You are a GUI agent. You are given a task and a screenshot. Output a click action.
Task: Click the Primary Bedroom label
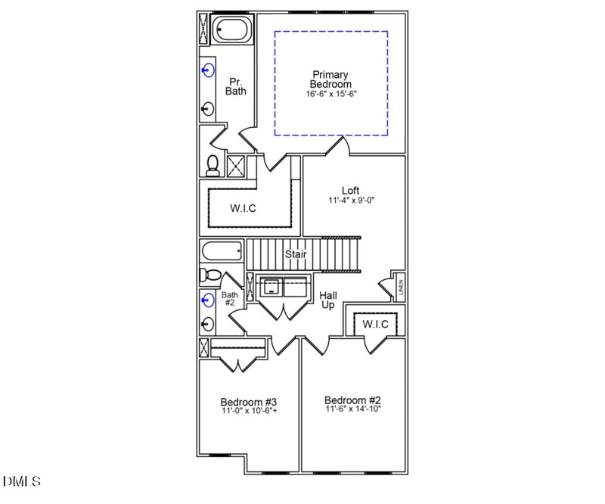point(330,79)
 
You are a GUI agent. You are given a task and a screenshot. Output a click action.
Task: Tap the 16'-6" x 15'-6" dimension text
point(330,95)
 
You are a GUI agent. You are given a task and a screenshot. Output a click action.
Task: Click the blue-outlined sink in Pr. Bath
point(208,71)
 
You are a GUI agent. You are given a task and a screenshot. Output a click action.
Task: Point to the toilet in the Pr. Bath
point(213,164)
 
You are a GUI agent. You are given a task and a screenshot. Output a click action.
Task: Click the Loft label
point(350,191)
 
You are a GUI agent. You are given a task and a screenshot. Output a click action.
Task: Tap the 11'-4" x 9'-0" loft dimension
point(352,201)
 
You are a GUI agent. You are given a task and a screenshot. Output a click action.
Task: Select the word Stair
point(296,255)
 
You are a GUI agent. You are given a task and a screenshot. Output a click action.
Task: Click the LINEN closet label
point(402,287)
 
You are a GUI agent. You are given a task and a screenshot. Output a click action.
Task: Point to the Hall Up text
point(327,300)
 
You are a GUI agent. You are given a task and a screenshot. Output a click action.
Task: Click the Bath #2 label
point(229,299)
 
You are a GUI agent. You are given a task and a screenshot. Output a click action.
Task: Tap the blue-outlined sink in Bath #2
point(208,300)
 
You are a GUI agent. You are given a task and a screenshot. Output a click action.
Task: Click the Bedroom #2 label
point(352,400)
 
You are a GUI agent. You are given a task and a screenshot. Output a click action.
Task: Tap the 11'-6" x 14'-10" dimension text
point(353,409)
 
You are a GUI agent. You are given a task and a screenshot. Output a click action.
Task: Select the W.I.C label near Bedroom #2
point(375,325)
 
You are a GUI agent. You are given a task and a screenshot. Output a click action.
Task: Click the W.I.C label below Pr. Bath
point(243,208)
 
